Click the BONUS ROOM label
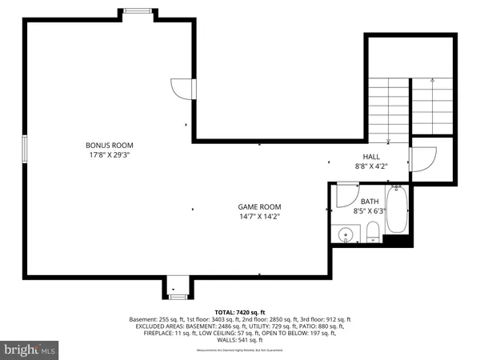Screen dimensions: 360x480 click(x=108, y=145)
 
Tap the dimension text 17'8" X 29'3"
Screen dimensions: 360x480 click(x=108, y=155)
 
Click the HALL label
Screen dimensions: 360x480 click(x=371, y=158)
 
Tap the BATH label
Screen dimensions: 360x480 click(x=369, y=202)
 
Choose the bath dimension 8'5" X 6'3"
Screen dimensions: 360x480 click(x=369, y=211)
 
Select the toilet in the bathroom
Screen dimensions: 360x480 click(x=374, y=234)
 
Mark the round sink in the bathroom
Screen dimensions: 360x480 click(x=345, y=235)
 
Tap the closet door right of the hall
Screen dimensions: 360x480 click(x=422, y=159)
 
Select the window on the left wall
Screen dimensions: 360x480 click(x=25, y=149)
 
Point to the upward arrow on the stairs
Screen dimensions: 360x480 click(x=432, y=81)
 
